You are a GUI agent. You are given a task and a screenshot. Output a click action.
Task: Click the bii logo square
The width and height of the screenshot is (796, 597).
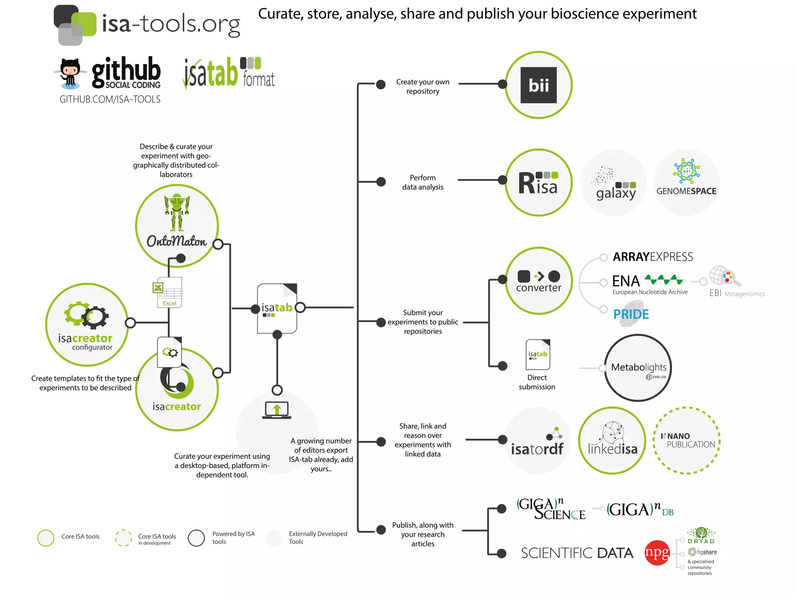[538, 85]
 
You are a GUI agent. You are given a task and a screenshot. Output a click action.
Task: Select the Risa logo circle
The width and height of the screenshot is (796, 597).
[538, 182]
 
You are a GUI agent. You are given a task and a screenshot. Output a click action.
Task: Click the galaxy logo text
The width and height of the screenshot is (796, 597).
[616, 193]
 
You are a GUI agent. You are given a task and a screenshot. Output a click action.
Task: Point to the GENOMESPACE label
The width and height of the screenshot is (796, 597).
[686, 191]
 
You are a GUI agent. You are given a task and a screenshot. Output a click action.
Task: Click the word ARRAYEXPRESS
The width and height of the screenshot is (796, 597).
[653, 257]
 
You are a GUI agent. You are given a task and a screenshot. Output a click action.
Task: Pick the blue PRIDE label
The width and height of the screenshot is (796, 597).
[631, 314]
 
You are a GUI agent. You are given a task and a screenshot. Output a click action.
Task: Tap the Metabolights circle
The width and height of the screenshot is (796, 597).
[638, 368]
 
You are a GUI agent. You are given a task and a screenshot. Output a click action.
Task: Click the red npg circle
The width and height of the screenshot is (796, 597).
[657, 553]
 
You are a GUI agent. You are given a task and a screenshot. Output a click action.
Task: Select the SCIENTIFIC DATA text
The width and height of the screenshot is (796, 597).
[577, 553]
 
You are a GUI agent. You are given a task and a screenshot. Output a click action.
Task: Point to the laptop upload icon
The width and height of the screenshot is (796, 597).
[277, 410]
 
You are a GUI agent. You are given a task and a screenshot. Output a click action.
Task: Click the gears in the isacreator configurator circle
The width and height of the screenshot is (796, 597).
[87, 314]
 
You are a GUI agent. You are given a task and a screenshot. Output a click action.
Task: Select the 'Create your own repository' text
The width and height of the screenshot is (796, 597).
[422, 87]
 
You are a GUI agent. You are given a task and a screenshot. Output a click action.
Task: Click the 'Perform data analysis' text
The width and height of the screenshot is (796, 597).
[422, 182]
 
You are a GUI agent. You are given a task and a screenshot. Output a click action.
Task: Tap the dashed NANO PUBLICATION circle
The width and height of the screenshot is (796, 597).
[687, 440]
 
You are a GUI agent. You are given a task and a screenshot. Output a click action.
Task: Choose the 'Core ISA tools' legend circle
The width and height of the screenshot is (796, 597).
[46, 538]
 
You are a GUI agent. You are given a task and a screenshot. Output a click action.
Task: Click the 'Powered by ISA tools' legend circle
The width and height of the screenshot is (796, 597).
[196, 538]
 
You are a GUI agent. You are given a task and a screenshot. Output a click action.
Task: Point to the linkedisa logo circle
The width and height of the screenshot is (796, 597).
[612, 440]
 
